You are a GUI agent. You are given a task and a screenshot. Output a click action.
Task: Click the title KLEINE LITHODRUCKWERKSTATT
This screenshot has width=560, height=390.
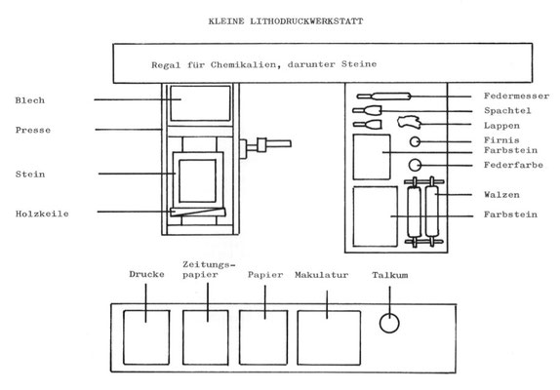point(286,21)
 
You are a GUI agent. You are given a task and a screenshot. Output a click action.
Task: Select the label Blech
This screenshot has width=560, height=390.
point(30,100)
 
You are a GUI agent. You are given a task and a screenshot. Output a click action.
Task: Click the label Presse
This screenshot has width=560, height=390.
point(33,130)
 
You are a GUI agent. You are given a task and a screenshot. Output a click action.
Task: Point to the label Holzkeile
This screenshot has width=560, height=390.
point(42,214)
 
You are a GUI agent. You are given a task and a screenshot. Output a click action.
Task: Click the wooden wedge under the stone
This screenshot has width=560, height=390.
point(198,212)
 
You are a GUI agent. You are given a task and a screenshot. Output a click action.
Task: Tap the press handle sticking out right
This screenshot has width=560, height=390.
point(265,145)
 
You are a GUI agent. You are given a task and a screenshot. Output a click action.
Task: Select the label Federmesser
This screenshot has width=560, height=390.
point(516,96)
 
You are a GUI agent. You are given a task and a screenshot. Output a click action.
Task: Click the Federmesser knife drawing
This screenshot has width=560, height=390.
point(384,96)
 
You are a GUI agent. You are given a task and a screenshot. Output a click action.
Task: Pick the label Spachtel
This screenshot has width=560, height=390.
point(507,110)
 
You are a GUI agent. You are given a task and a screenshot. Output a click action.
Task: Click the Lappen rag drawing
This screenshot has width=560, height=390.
point(410,122)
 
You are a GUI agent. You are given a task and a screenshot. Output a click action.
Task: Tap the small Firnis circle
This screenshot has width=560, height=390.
point(415,141)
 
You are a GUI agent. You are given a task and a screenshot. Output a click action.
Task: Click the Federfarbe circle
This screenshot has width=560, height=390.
point(415,165)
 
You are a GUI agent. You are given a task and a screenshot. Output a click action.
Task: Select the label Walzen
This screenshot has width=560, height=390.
point(501,195)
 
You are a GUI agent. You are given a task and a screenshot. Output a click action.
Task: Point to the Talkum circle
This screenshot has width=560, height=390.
point(389,323)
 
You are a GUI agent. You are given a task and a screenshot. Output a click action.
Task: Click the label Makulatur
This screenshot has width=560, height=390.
point(321,275)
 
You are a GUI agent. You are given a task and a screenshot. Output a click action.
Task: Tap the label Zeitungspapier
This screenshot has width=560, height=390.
point(209,269)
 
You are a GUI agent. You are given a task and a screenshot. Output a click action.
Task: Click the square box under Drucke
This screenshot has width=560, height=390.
point(146,337)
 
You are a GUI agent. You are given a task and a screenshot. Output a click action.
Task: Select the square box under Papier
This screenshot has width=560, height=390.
point(263,337)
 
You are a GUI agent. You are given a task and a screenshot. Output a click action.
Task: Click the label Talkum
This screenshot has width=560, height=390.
point(390,275)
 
